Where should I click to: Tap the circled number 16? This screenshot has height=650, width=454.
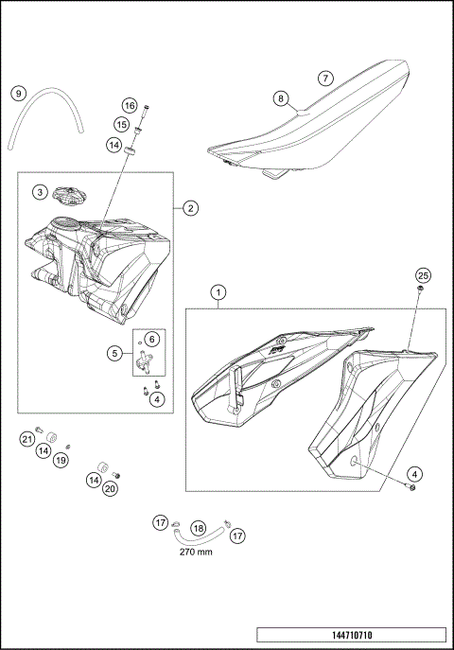pos(130,105)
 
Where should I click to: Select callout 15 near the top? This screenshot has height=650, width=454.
pos(122,124)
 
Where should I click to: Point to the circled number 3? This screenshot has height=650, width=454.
pos(39,191)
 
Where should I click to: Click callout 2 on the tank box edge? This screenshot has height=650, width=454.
pos(190,207)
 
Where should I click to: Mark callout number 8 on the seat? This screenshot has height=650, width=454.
pos(281,97)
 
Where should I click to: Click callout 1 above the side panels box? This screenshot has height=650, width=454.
pos(219,292)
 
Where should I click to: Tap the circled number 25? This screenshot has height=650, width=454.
pos(424,274)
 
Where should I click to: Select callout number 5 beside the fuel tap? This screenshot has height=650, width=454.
pos(115,354)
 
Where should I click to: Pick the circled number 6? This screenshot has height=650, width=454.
pos(152,338)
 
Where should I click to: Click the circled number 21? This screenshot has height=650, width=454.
pos(27,439)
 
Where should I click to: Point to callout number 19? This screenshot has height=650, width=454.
pos(61,460)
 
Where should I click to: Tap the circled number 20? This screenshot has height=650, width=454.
pos(110,489)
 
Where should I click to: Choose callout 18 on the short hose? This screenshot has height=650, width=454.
pos(199,528)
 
